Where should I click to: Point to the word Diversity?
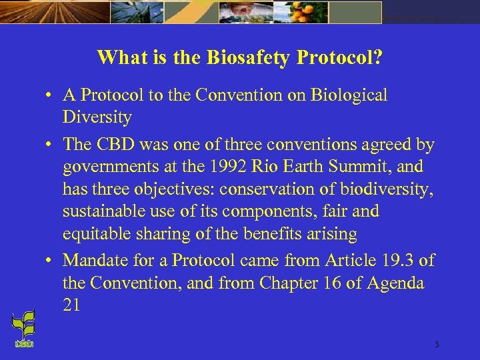tap(97, 118)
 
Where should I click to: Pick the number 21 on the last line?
tap(71, 305)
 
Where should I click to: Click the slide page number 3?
tap(436, 345)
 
